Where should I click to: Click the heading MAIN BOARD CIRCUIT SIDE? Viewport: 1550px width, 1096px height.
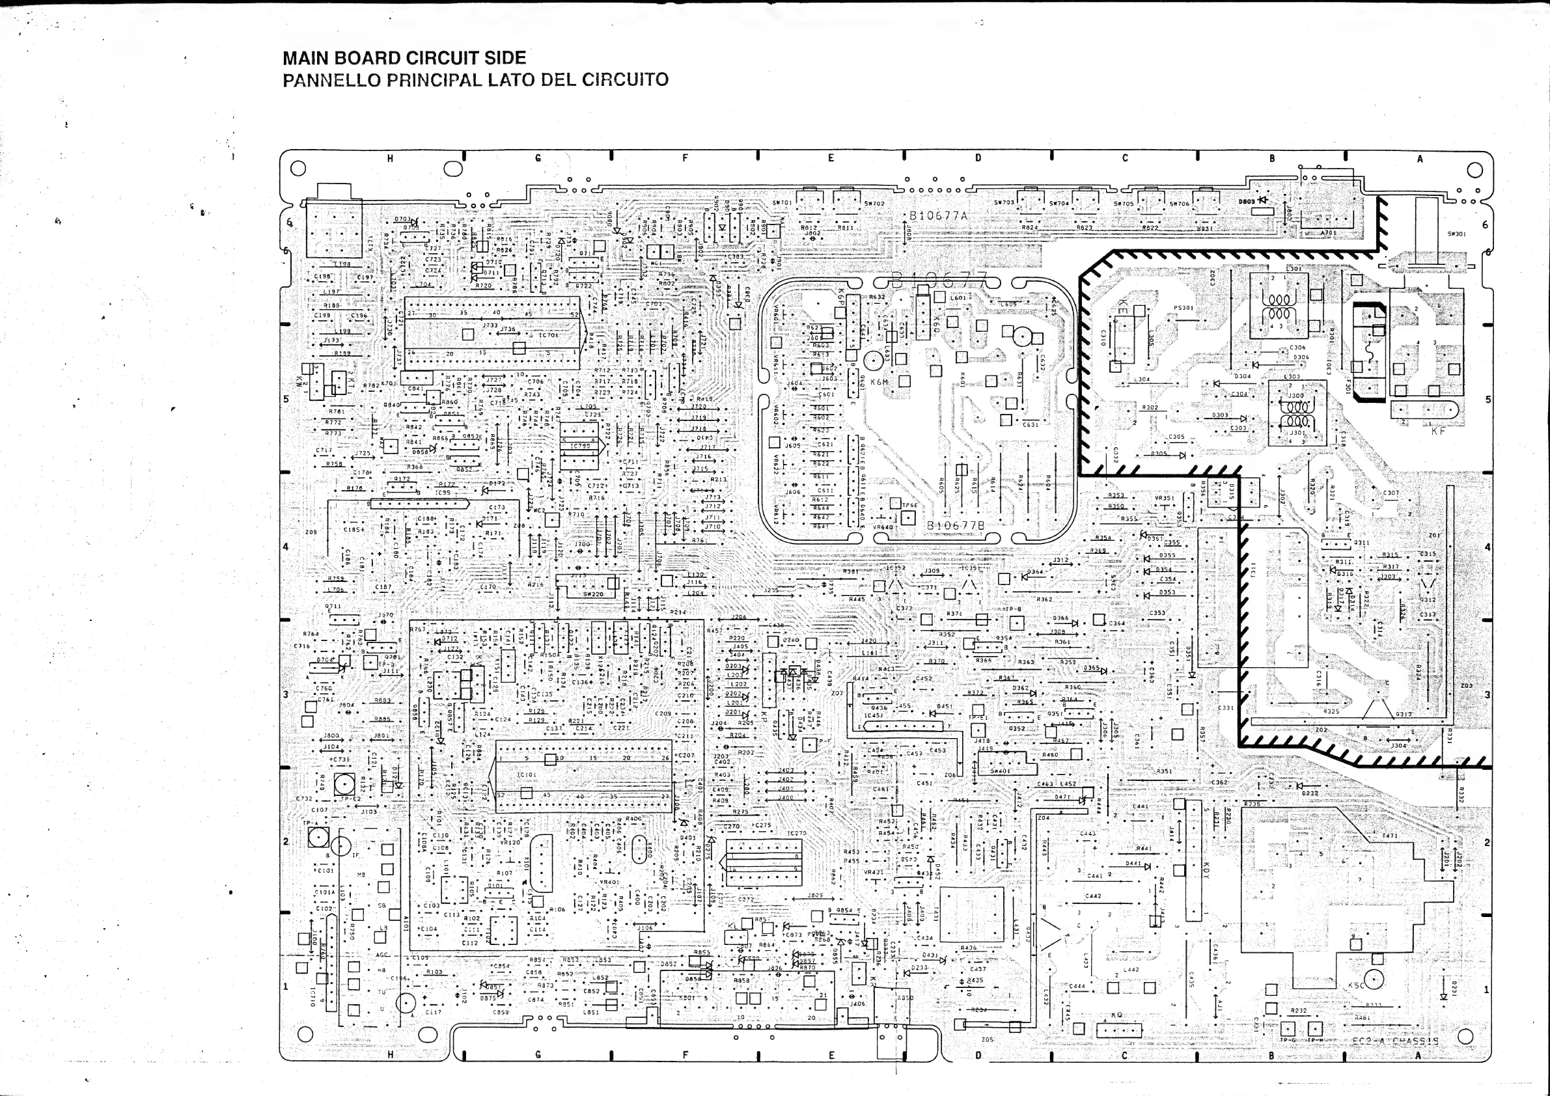[x=404, y=58]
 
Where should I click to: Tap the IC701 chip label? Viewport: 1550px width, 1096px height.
[x=548, y=335]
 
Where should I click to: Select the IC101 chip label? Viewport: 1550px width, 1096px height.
[x=526, y=775]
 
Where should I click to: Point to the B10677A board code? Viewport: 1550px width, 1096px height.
[x=938, y=216]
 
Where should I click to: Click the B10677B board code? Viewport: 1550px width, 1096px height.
[x=955, y=525]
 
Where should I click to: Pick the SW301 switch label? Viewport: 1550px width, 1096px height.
[x=1456, y=234]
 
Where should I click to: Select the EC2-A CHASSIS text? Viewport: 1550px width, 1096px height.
[x=1394, y=1041]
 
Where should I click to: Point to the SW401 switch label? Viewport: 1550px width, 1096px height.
[x=1000, y=771]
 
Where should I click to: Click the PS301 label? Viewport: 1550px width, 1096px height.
[x=1183, y=308]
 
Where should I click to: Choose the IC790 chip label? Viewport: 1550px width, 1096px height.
[x=580, y=446]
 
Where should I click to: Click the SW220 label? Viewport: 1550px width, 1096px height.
[x=593, y=594]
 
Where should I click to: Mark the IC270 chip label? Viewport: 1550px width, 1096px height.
[x=797, y=834]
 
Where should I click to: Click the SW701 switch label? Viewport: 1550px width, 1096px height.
[x=782, y=202]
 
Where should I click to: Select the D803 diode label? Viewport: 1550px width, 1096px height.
[x=1246, y=201]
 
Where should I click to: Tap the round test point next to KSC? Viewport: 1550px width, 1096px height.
[x=1373, y=980]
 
